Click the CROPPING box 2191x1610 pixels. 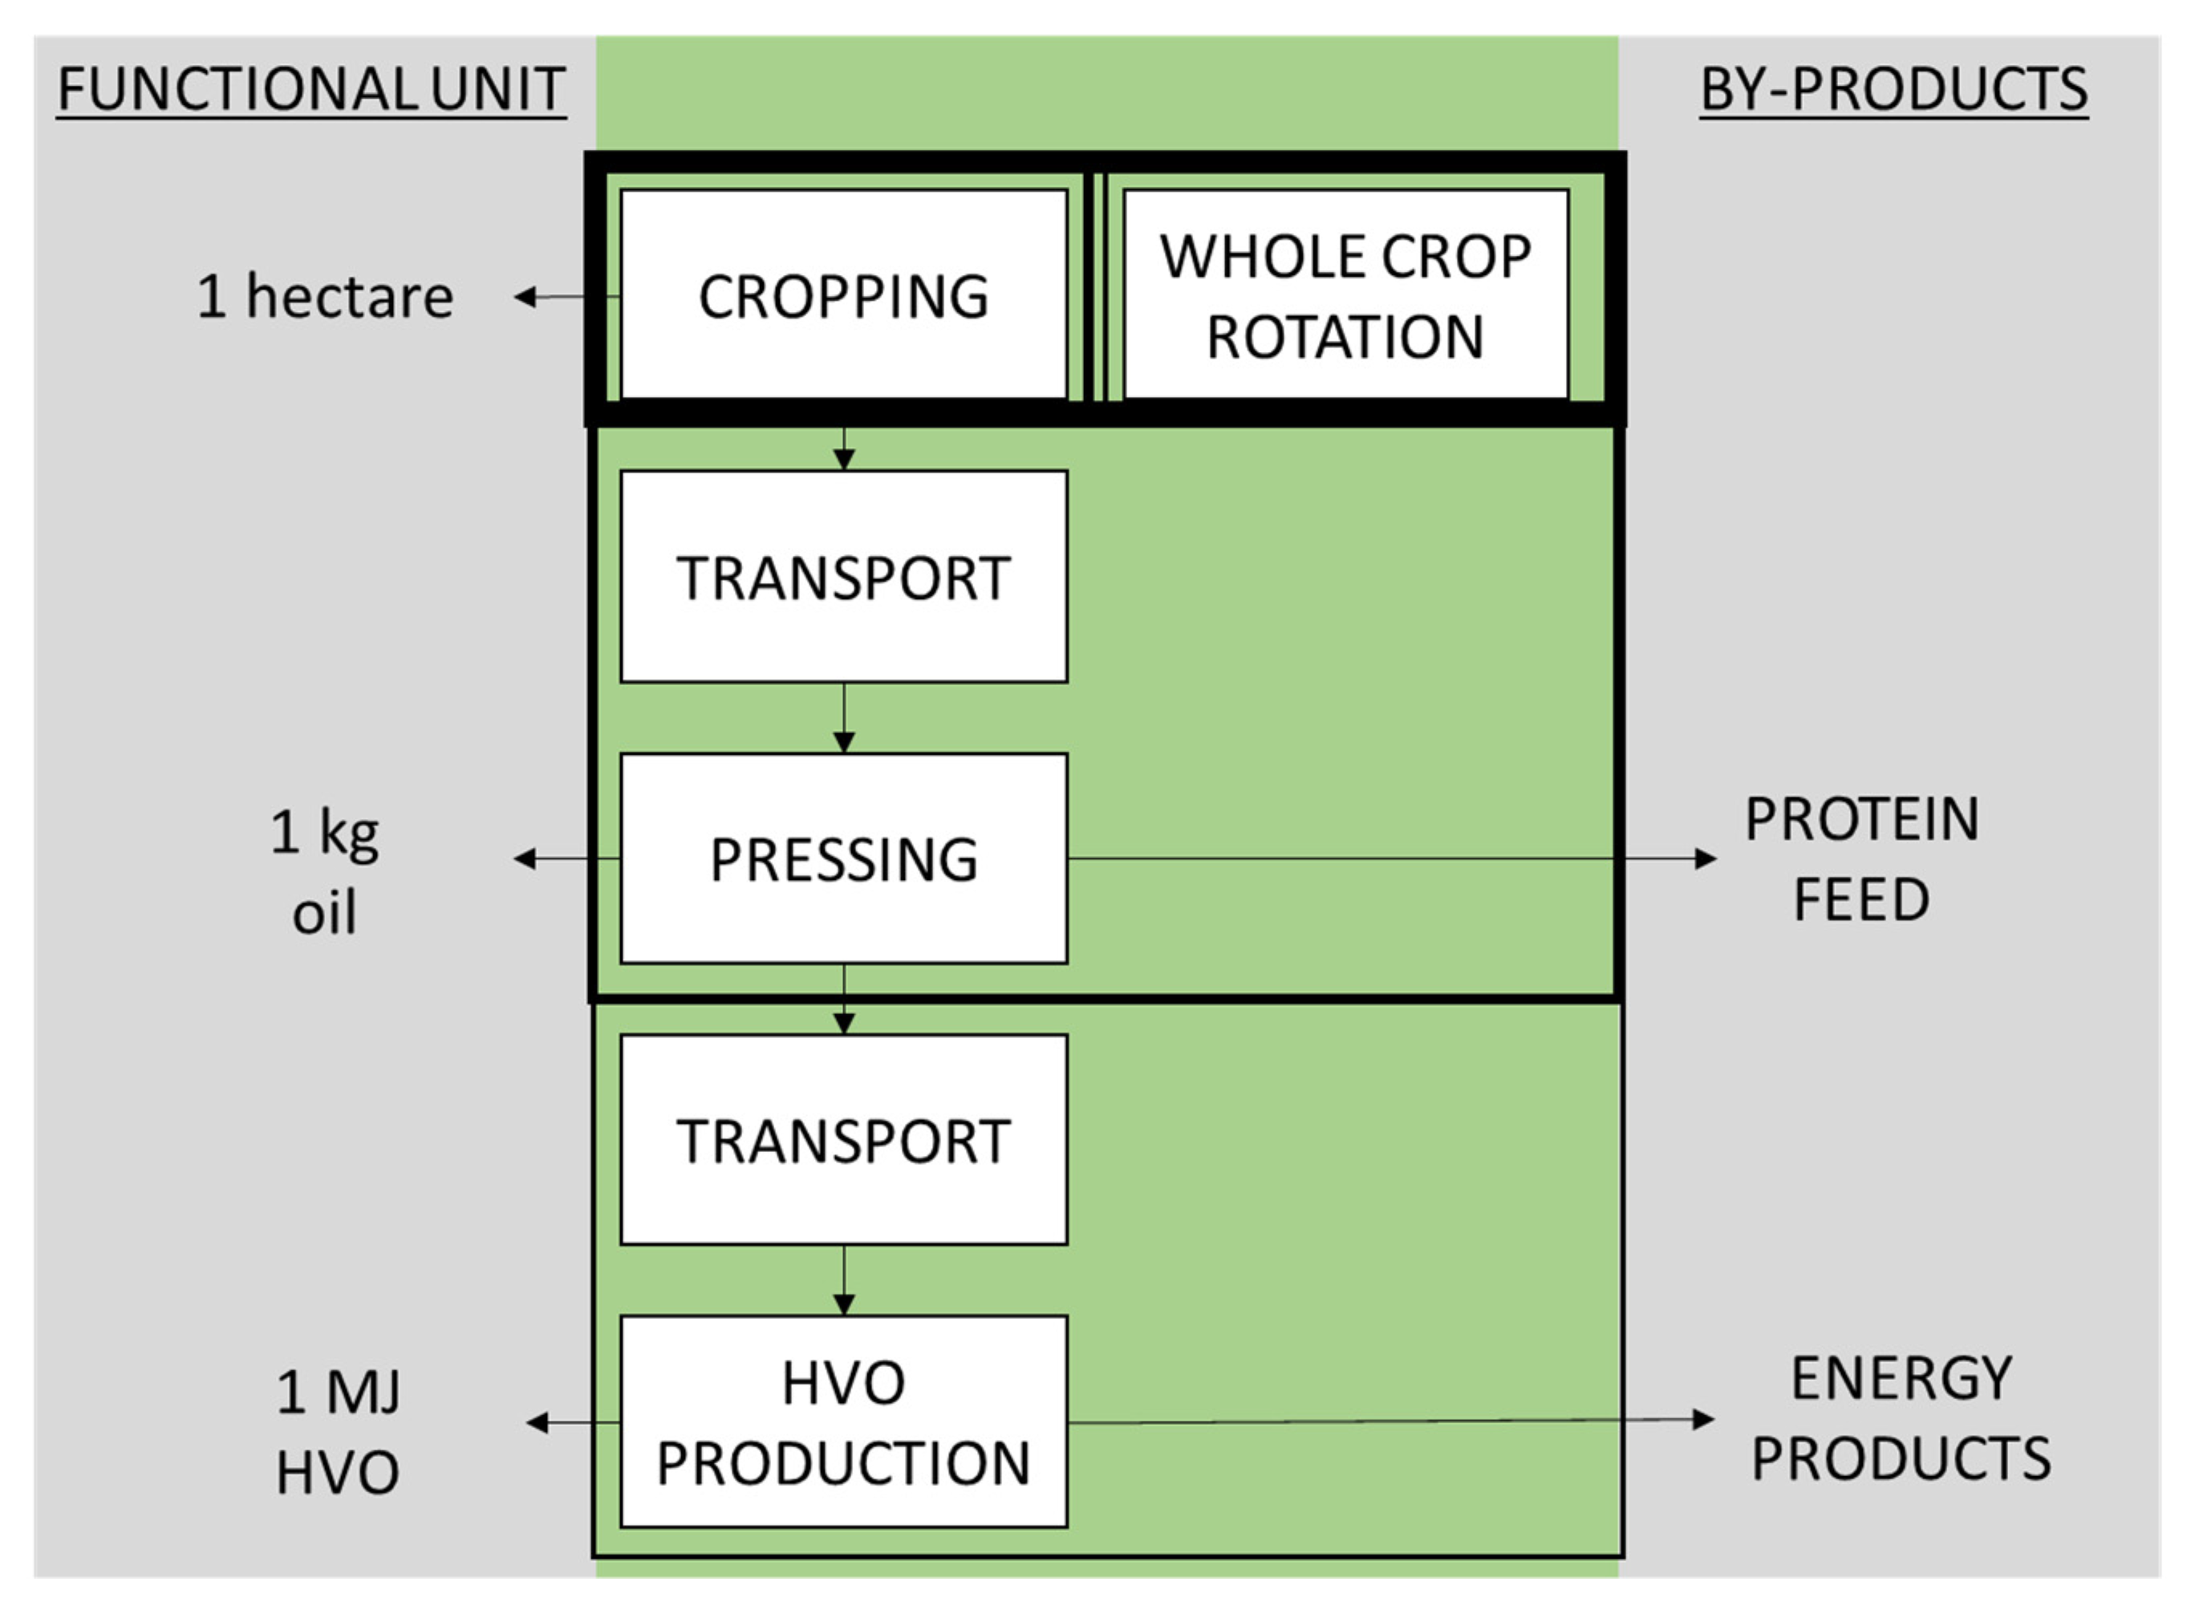pos(843,294)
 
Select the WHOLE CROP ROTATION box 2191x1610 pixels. pos(1345,294)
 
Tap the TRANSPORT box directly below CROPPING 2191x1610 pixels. pos(843,576)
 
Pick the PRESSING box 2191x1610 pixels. pos(843,858)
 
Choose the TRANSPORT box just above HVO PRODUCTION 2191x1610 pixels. pos(843,1139)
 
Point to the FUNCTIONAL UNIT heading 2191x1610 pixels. pos(311,90)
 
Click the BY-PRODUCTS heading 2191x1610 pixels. pos(1893,90)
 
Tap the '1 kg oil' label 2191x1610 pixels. pos(325,872)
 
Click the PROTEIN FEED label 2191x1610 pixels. pos(1861,858)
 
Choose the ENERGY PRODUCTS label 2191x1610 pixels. pos(1901,1418)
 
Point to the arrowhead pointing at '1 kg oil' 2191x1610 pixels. pos(525,858)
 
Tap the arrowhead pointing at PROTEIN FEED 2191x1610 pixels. pos(1705,858)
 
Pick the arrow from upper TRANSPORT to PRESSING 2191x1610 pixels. pos(844,717)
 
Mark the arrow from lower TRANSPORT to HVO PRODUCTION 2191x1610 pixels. pos(844,1279)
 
